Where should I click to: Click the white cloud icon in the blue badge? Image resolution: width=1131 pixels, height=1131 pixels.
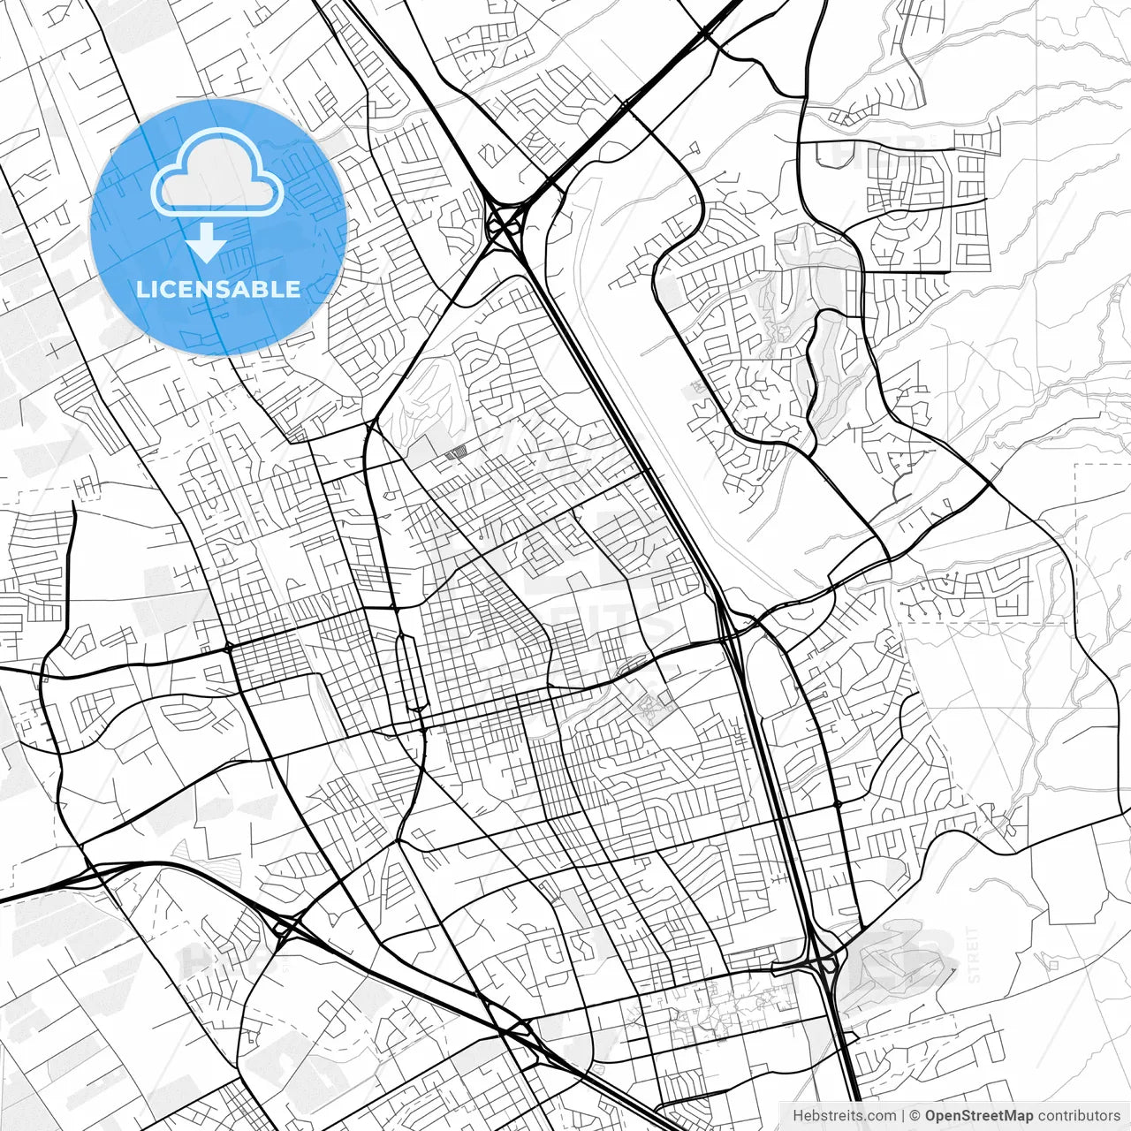click(x=217, y=176)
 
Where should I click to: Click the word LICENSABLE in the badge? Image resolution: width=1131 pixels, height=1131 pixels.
click(x=217, y=289)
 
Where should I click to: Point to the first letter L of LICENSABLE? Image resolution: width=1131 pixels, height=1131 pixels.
click(x=140, y=289)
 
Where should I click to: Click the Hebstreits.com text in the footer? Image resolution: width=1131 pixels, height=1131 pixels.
click(x=844, y=1115)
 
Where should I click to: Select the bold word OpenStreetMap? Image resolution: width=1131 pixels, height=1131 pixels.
click(x=979, y=1115)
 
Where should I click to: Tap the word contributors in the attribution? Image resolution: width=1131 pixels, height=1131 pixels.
click(x=1078, y=1115)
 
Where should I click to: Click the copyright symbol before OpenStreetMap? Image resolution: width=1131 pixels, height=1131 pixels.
click(x=915, y=1115)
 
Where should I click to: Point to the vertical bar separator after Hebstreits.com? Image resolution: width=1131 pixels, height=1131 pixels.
click(x=902, y=1115)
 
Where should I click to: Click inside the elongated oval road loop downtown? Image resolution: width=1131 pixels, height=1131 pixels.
click(x=409, y=672)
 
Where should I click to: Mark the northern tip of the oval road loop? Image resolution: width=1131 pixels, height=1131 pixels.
click(x=405, y=634)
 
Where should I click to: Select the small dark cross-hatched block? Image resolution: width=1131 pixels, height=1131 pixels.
click(x=455, y=453)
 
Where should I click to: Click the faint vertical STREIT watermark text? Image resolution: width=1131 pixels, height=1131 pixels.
click(x=975, y=955)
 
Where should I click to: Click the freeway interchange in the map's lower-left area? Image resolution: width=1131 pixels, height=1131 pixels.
click(x=285, y=927)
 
